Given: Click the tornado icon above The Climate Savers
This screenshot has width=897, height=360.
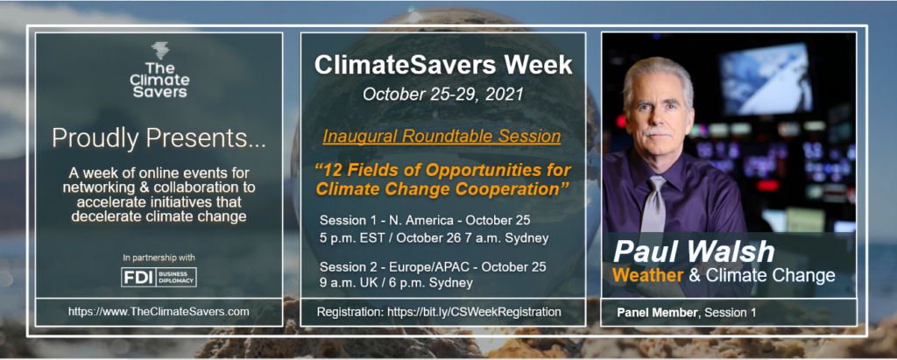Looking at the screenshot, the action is [160, 51].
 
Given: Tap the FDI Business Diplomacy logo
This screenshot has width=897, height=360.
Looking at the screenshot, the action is [159, 277].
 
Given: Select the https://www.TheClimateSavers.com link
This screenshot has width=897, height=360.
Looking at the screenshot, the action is [159, 312].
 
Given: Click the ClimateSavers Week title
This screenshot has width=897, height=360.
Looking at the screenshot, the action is [442, 66].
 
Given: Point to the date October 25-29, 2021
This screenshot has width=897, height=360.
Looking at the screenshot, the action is [442, 94].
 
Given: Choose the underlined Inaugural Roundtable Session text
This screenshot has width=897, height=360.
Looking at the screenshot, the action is [441, 138].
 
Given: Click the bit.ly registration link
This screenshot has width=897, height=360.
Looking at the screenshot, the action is [474, 313].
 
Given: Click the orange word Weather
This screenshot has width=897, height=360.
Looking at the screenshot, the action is [647, 276].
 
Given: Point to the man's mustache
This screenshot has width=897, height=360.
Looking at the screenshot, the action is [658, 132].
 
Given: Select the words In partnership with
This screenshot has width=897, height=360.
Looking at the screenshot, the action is [159, 258].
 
